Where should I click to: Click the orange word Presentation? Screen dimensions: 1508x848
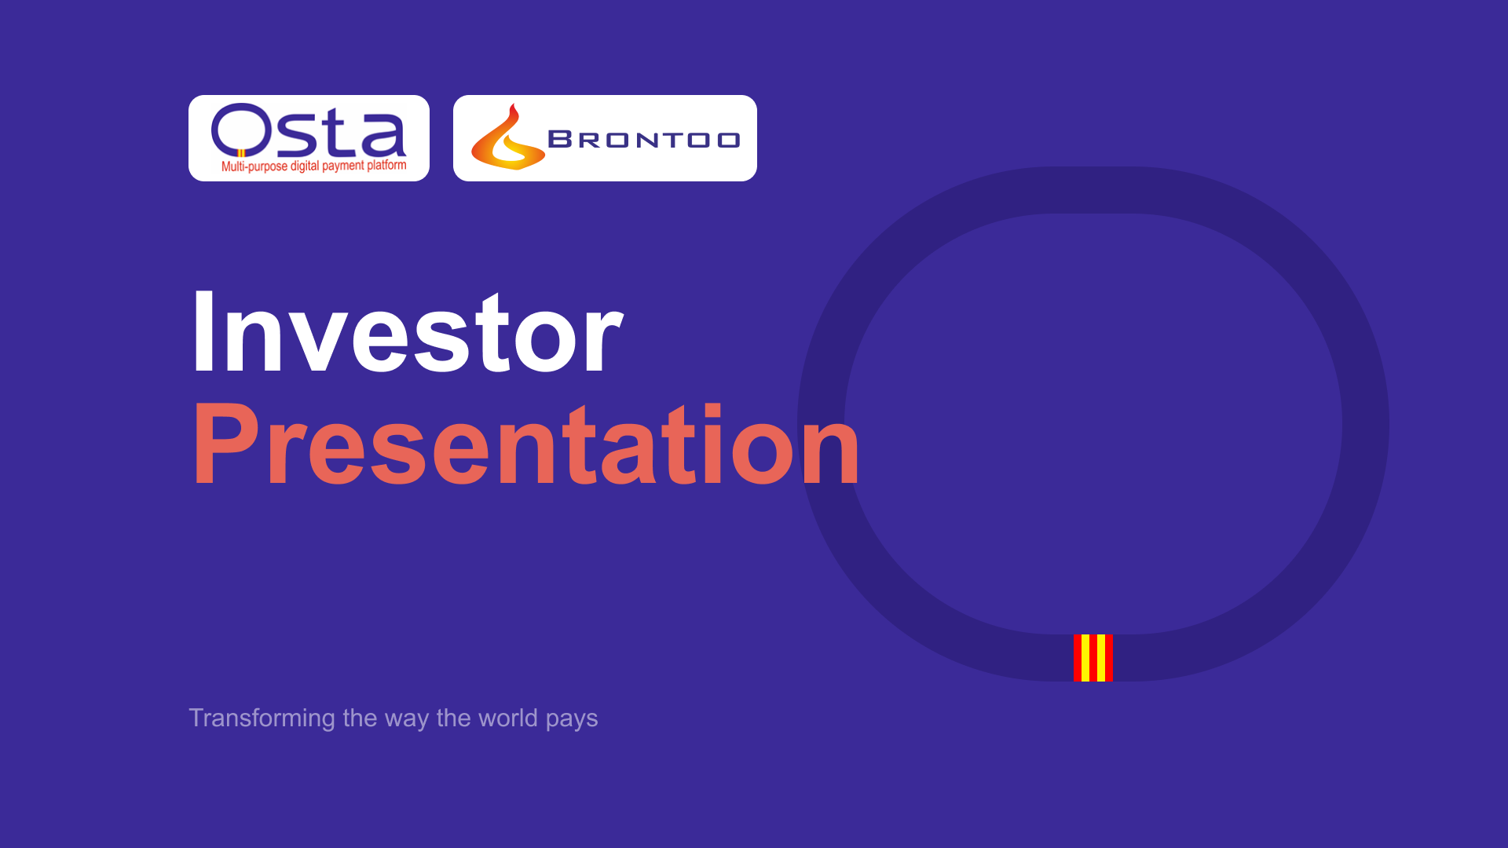[526, 444]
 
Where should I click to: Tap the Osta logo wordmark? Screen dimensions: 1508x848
[309, 130]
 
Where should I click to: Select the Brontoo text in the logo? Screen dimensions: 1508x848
[644, 140]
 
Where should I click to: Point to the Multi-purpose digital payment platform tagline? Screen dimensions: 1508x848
[314, 166]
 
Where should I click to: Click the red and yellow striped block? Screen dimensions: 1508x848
[1093, 658]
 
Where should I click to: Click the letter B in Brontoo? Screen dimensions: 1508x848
[560, 140]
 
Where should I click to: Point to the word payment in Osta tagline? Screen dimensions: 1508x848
[344, 166]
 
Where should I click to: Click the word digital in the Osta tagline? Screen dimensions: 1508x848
[305, 166]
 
